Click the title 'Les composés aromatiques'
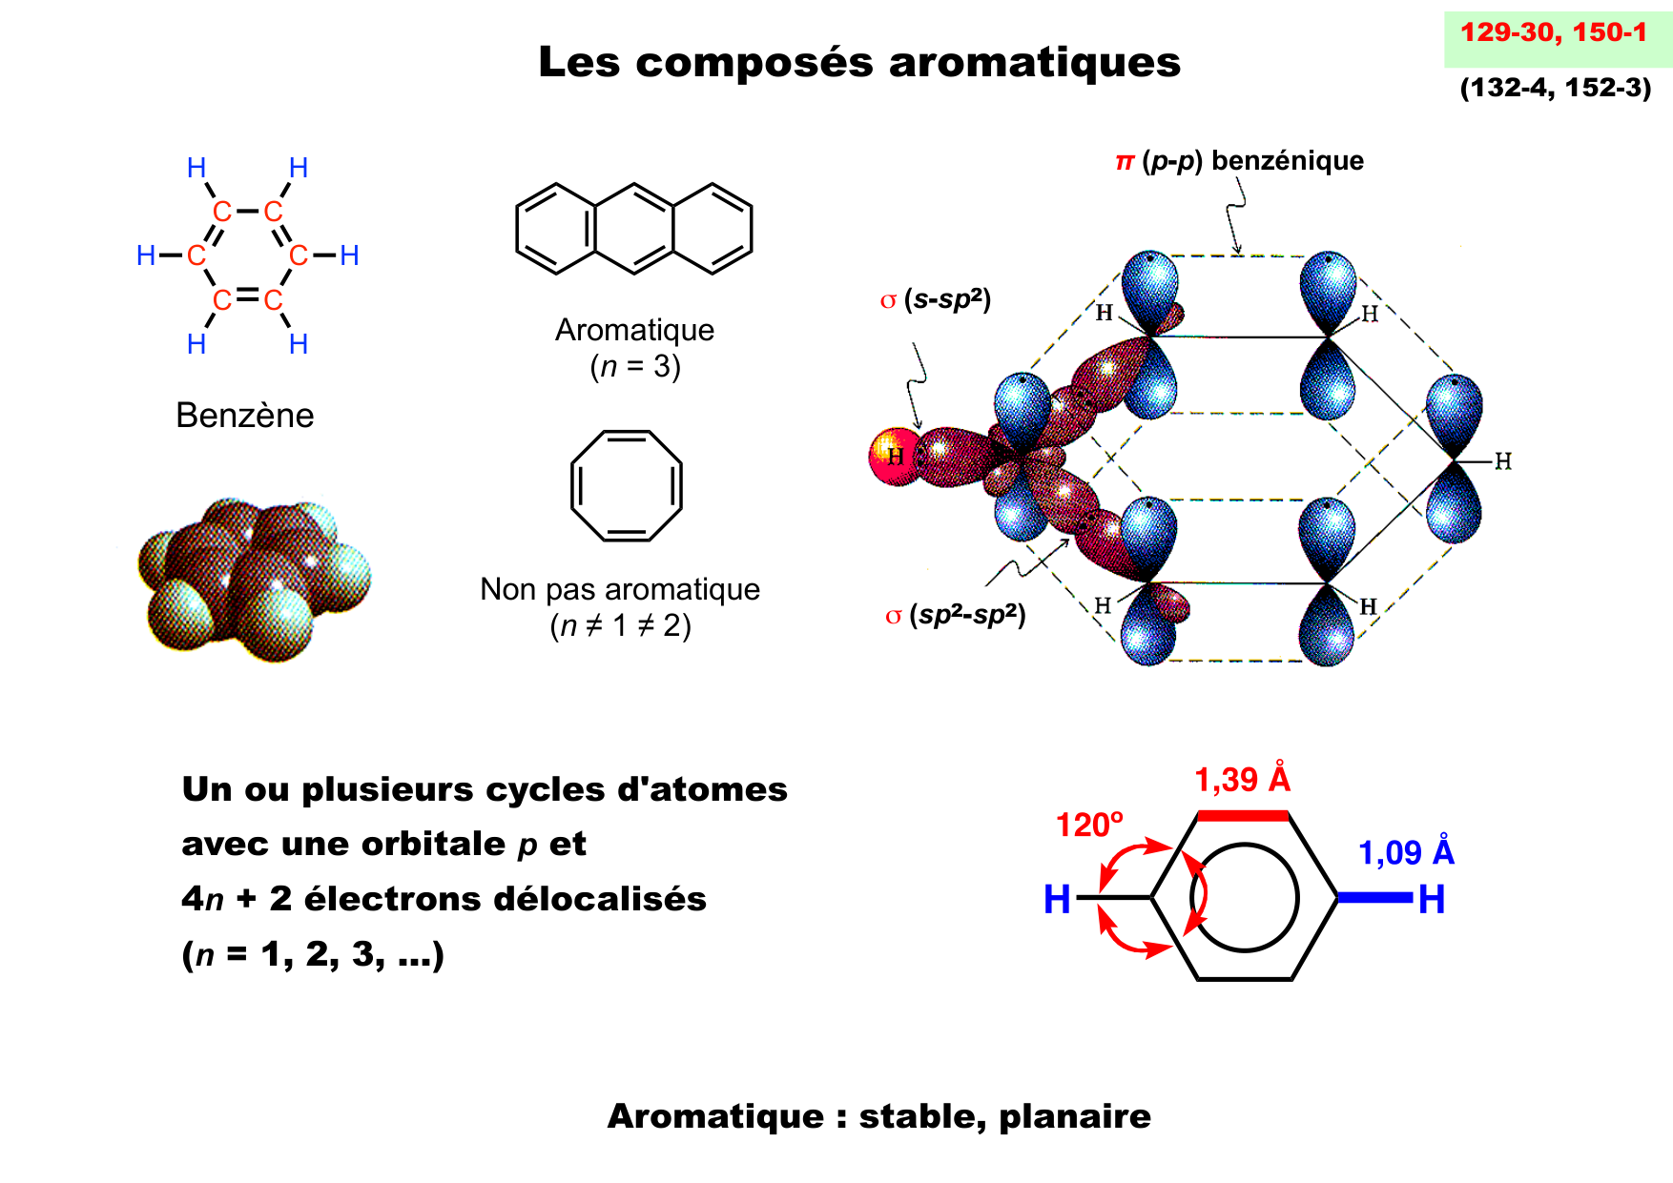[858, 63]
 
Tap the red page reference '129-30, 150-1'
[1553, 33]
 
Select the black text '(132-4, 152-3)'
[1555, 88]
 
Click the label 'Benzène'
[245, 416]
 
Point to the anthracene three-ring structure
[634, 229]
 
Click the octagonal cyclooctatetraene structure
[627, 486]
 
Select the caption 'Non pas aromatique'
[620, 589]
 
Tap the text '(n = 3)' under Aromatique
[635, 366]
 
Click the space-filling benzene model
[253, 579]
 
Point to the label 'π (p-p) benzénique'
[1239, 161]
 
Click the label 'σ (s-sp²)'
[935, 300]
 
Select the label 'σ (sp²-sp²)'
[955, 615]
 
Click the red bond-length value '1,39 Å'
[1242, 780]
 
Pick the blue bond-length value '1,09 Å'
[1405, 852]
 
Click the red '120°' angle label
[1088, 825]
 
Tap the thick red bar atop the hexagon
[1242, 815]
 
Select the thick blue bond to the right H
[1374, 897]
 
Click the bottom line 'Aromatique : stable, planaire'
[878, 1116]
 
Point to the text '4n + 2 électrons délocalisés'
[444, 899]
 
